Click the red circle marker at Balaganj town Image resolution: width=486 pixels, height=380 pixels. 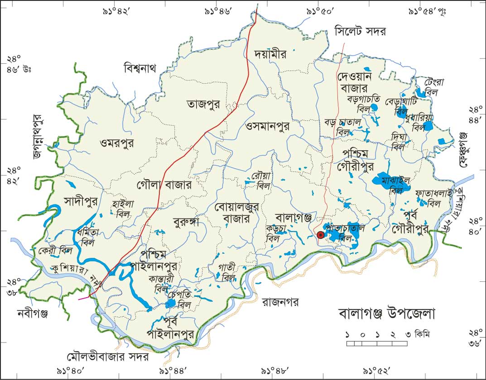(x=321, y=235)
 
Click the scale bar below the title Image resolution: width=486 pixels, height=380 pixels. (x=379, y=344)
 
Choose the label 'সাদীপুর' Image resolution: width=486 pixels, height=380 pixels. (x=81, y=200)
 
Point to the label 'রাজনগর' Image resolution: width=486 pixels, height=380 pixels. (x=281, y=302)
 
